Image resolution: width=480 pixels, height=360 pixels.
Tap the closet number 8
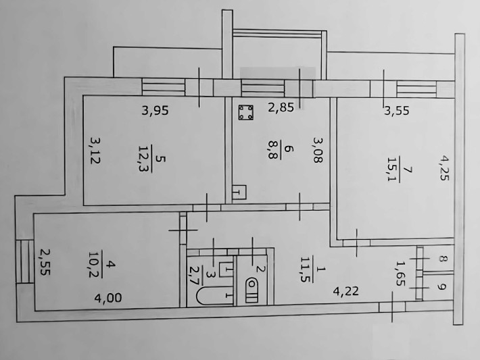[x=441, y=259]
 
